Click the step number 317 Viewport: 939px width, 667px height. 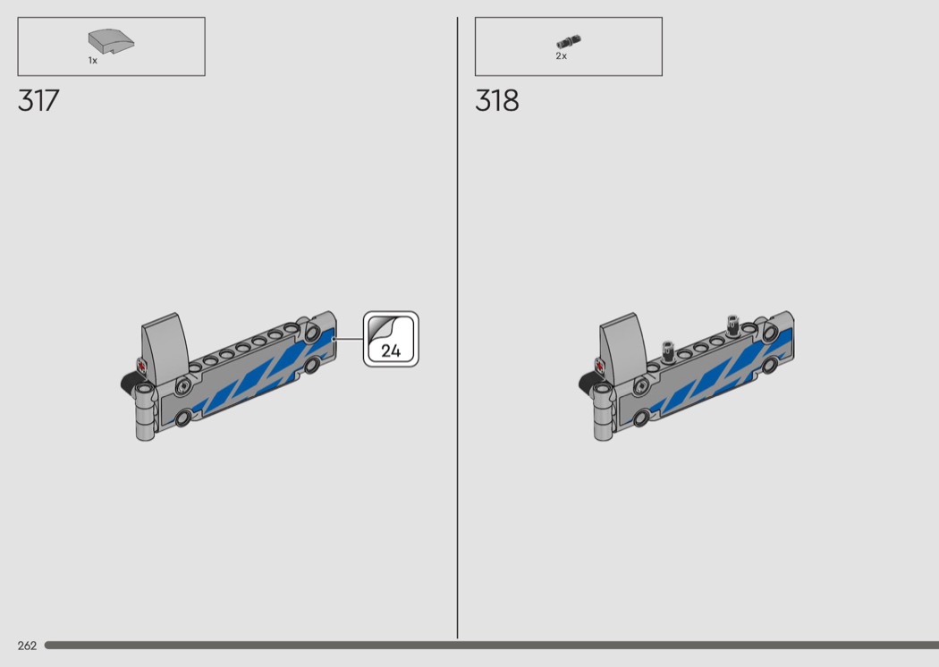(x=39, y=101)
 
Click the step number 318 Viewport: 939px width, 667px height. (x=497, y=101)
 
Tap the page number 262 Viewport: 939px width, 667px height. (x=27, y=646)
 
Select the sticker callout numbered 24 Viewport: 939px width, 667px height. (x=391, y=339)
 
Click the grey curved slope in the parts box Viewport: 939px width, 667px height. (x=112, y=41)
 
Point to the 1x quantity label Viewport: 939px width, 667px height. (x=93, y=61)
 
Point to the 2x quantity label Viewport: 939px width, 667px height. (x=561, y=55)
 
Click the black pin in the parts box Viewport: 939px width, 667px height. (x=569, y=41)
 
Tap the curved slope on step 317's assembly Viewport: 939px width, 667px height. (x=165, y=349)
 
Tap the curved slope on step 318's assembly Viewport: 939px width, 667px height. (x=623, y=349)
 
